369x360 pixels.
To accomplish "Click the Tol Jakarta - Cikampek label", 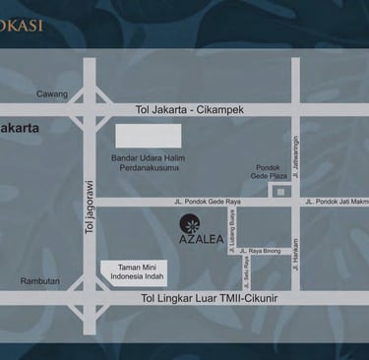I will (x=191, y=110).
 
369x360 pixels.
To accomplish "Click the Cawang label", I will (x=52, y=94).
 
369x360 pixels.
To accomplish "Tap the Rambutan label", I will (x=40, y=281).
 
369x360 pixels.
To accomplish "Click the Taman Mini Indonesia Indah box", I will (x=134, y=272).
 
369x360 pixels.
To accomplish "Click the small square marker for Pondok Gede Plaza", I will (x=280, y=191).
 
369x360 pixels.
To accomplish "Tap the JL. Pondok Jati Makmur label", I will (x=337, y=202).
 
